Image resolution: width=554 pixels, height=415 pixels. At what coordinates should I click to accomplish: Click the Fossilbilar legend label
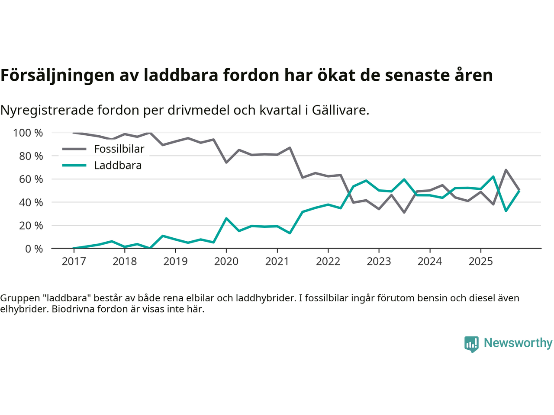click(119, 149)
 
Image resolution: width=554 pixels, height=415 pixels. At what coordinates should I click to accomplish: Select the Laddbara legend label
click(118, 166)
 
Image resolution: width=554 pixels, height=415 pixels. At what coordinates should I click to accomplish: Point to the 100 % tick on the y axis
click(28, 133)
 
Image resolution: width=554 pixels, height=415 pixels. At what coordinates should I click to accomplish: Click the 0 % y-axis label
click(33, 249)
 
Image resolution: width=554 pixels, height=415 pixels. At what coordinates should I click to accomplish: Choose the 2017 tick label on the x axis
click(74, 262)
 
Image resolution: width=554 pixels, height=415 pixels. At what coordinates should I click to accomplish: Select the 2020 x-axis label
click(226, 262)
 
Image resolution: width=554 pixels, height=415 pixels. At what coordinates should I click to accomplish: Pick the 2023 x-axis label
click(379, 262)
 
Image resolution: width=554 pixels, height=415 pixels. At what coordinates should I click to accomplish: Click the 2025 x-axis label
click(480, 262)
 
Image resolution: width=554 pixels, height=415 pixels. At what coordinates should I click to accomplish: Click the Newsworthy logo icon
click(471, 344)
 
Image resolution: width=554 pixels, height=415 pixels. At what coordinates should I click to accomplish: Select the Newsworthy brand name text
click(518, 343)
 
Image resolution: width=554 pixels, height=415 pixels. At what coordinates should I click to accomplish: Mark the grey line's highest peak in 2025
click(506, 170)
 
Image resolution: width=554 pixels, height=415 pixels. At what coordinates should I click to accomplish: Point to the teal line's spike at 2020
click(226, 218)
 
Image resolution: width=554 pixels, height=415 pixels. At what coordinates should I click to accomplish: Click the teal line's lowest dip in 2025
click(506, 211)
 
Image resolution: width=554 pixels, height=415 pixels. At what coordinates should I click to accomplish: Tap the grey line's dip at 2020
click(226, 163)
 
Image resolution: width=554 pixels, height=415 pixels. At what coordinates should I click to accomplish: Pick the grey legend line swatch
click(74, 149)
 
